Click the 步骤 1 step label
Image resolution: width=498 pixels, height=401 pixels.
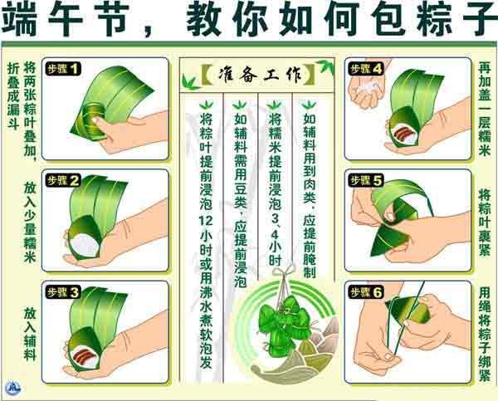(63, 69)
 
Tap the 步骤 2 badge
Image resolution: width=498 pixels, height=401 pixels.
(63, 181)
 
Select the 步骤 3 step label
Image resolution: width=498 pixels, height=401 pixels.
(63, 292)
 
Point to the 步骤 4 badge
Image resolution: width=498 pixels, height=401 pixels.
(366, 69)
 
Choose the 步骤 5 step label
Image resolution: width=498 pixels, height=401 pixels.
(366, 181)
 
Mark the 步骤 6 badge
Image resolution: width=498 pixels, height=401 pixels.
(366, 292)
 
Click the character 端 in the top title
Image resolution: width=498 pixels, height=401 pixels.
(19, 19)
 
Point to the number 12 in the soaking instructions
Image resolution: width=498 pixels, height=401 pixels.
(206, 221)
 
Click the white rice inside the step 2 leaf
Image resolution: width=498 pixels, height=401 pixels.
(84, 245)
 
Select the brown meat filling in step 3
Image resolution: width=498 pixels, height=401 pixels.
(84, 355)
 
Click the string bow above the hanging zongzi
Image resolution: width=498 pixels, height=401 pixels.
(284, 272)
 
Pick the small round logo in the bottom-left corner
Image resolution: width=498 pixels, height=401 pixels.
(13, 388)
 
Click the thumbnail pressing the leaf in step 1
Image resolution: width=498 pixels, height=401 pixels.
(95, 120)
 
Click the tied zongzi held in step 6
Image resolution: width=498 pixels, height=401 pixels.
(410, 310)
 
